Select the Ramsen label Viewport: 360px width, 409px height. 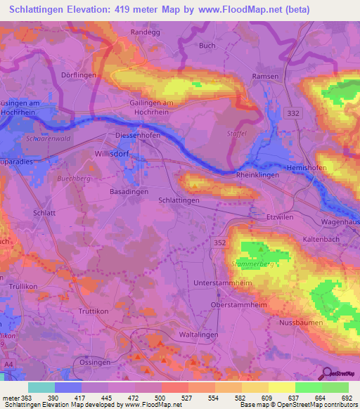(266, 76)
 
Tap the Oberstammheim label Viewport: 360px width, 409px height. (235, 305)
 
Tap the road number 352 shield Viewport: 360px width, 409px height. (220, 241)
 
